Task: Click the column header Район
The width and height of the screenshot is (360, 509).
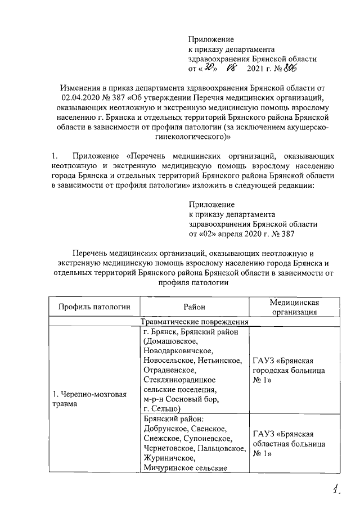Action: [193, 307]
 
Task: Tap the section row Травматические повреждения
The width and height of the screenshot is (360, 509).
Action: [193, 322]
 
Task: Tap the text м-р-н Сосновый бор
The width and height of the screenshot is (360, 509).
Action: [180, 399]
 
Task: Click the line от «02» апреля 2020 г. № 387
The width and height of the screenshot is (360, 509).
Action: [240, 234]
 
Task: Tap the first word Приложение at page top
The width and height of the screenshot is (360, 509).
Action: [211, 39]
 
